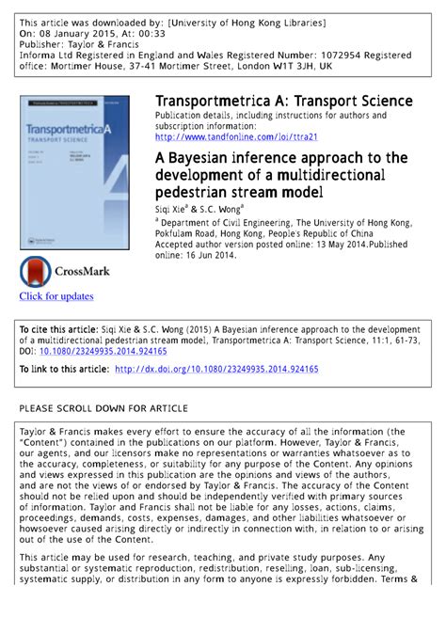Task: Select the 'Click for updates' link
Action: [56, 296]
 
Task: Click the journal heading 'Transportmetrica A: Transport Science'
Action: [283, 101]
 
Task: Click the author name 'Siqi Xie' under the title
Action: [173, 208]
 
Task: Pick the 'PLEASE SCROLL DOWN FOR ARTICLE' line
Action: [104, 408]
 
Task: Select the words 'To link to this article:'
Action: [64, 370]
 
